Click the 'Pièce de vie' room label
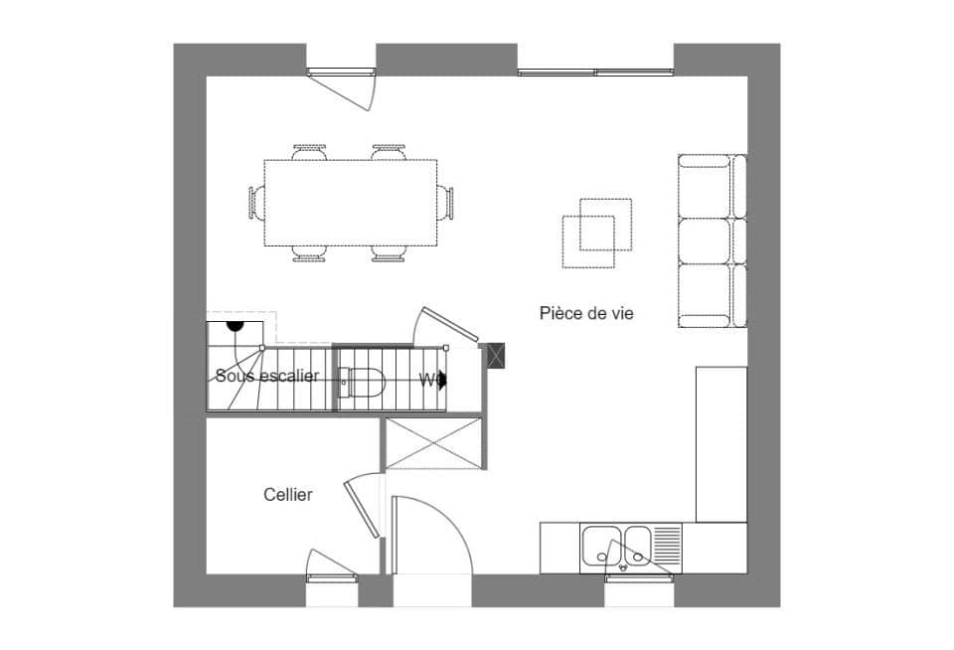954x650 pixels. coord(586,313)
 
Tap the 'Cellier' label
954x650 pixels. coord(288,494)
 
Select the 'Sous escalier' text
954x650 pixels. coord(266,376)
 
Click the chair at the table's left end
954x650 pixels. coord(257,203)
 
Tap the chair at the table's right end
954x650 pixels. coord(445,203)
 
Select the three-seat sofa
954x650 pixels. coord(711,241)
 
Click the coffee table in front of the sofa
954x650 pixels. coord(596,233)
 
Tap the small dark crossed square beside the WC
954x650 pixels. coord(494,355)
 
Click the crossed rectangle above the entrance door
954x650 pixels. coord(434,443)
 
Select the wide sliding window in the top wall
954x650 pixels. coord(595,72)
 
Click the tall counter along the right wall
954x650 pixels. coord(720,443)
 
